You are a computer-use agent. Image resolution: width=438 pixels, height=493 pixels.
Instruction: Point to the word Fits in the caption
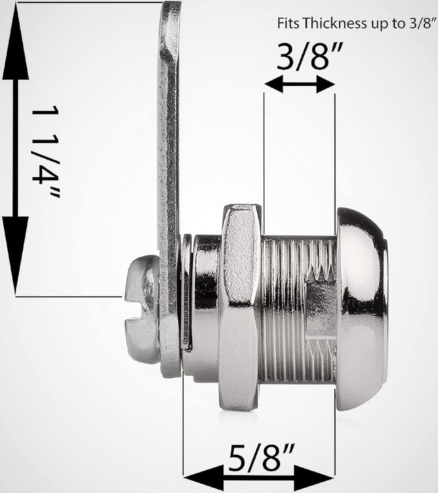(x=287, y=24)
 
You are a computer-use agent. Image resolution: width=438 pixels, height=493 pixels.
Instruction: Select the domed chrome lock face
(x=361, y=288)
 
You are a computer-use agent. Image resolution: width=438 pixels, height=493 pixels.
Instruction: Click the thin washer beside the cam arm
(x=187, y=292)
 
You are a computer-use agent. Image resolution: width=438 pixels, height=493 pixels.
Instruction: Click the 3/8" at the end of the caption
(x=419, y=24)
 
